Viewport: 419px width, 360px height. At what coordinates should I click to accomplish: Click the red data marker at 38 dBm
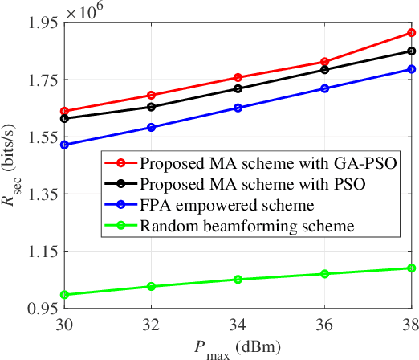coord(411,33)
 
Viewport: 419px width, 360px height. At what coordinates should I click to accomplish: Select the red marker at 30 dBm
coord(64,111)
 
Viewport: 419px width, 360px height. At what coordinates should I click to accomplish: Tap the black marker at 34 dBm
coord(238,88)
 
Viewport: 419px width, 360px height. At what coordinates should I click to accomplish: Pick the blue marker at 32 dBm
coord(151,127)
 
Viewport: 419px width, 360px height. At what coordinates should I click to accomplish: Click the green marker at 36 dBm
coord(324,274)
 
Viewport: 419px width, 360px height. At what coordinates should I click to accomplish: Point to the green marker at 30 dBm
coord(64,295)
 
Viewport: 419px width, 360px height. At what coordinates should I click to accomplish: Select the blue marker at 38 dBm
coord(411,69)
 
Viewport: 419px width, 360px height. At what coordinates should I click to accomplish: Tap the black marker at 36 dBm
coord(324,70)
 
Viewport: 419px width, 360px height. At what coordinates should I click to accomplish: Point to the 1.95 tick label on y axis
coord(40,23)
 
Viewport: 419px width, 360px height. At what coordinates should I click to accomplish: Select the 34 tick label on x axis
coord(238,327)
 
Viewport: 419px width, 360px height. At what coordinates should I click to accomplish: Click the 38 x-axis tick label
coord(409,327)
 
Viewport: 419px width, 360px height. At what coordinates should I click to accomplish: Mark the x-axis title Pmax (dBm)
coord(238,349)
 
